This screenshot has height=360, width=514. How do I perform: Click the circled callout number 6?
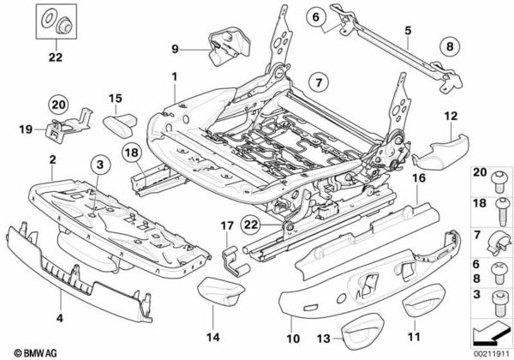click(x=314, y=16)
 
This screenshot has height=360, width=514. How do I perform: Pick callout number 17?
click(x=227, y=227)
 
